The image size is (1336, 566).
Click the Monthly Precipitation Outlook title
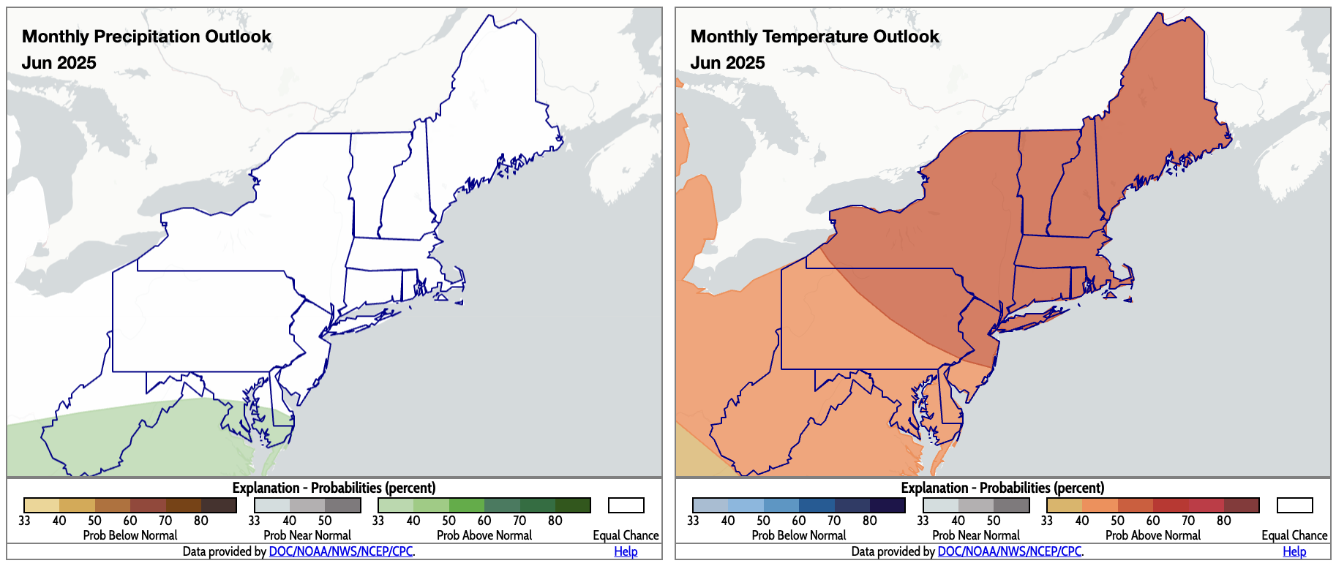click(146, 37)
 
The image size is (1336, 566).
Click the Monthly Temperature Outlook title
click(814, 37)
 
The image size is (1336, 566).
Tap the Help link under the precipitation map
click(626, 551)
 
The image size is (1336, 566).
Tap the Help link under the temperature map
click(1294, 551)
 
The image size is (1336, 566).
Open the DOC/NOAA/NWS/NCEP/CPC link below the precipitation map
click(340, 551)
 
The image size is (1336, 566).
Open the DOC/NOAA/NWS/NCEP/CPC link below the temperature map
click(1009, 551)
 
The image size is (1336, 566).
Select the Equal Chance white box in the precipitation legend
click(626, 505)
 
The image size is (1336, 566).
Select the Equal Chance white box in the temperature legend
click(1294, 505)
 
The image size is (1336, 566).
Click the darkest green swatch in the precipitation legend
click(573, 505)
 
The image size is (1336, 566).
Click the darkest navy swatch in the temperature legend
click(887, 505)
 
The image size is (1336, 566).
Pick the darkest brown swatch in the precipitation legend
click(219, 505)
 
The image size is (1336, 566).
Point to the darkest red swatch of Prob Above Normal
click(1242, 505)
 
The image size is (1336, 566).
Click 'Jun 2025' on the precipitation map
click(59, 63)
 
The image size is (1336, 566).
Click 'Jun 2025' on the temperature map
click(727, 63)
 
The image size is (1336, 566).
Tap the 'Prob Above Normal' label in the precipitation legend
click(484, 535)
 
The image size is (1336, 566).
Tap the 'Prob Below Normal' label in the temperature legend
click(799, 535)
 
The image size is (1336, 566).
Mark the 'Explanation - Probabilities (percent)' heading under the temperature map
click(1002, 488)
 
